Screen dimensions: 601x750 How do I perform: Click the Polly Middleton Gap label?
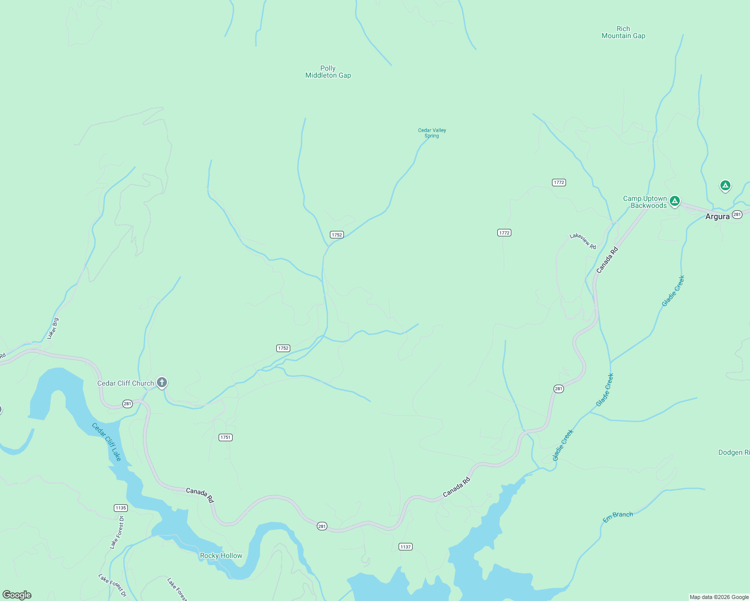tap(328, 72)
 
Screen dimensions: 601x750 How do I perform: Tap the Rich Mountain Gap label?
tap(623, 32)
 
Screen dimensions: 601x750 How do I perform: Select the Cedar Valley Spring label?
tap(432, 133)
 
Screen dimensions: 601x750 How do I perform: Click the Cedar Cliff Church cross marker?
tap(161, 383)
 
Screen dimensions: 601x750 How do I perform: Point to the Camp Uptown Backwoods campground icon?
tap(675, 201)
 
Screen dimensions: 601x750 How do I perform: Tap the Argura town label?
tap(717, 216)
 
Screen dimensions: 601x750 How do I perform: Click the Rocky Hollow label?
tap(221, 555)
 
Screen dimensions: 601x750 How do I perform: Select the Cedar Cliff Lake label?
tap(106, 442)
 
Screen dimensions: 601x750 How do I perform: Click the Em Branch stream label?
tap(618, 517)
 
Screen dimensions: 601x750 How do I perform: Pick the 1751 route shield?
tap(226, 437)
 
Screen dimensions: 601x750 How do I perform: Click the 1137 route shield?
tap(406, 546)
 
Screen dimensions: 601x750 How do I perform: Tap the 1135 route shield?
tap(120, 508)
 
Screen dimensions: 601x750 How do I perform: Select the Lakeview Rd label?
tap(583, 241)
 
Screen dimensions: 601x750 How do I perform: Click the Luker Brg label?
tap(53, 329)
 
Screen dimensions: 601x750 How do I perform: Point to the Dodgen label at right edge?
tap(733, 452)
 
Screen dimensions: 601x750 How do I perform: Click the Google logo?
tap(17, 595)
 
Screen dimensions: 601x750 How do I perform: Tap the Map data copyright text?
tap(718, 597)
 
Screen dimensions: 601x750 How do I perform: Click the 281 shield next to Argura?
tap(736, 214)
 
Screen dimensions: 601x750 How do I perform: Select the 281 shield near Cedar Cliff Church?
tap(127, 404)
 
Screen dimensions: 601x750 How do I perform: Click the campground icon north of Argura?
tap(724, 185)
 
